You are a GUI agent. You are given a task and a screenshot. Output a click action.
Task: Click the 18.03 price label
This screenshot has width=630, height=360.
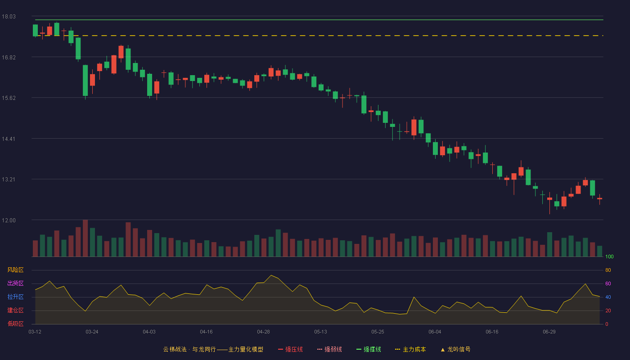click(9, 17)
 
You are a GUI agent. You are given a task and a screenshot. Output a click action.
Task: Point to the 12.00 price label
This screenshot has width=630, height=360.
click(9, 220)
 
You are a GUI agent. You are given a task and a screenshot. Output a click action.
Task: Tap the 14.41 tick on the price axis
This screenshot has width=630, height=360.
click(9, 139)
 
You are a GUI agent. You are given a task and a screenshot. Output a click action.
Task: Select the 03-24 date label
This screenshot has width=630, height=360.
click(92, 332)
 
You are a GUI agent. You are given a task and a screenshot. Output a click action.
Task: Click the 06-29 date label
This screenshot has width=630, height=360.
click(549, 332)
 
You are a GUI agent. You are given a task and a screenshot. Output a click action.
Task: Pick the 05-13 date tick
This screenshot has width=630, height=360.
click(320, 332)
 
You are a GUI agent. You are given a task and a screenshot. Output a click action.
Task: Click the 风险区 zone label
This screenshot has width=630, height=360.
click(15, 270)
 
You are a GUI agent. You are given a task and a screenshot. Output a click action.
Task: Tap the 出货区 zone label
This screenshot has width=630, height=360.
click(15, 283)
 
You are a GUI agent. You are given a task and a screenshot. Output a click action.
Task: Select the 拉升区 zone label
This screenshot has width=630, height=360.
click(15, 297)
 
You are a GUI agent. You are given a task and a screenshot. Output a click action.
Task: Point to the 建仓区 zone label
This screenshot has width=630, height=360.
click(15, 310)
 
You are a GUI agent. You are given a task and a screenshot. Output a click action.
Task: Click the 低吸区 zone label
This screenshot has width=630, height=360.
click(15, 324)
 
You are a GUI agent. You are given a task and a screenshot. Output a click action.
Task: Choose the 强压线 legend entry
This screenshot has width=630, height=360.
click(290, 350)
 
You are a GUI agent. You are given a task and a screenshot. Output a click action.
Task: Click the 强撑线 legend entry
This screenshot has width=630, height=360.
click(369, 350)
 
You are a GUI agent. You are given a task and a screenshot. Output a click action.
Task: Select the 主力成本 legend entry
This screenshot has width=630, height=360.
click(410, 350)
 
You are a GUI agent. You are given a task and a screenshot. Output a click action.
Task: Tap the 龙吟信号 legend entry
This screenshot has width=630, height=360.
click(455, 350)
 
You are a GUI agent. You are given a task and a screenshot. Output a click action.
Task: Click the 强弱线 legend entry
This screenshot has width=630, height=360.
click(329, 350)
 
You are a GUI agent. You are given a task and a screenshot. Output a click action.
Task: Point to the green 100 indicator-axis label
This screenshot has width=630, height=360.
click(609, 256)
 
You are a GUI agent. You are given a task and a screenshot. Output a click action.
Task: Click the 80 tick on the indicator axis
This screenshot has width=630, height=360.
click(608, 270)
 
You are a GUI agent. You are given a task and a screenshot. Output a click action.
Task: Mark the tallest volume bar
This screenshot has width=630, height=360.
click(85, 238)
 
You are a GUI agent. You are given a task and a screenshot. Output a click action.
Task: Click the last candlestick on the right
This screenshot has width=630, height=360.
click(599, 198)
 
